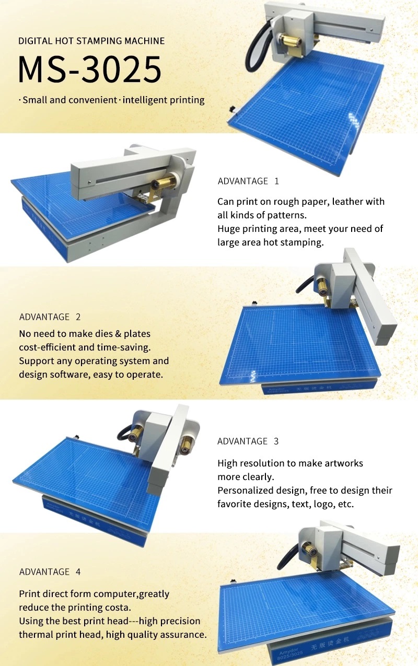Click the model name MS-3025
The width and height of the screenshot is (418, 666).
(x=89, y=69)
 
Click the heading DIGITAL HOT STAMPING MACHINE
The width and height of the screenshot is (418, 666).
(x=91, y=41)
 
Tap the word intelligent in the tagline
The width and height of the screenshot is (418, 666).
(x=143, y=100)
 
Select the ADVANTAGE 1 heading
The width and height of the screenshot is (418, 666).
(x=248, y=181)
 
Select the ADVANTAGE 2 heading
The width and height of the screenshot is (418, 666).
(x=50, y=317)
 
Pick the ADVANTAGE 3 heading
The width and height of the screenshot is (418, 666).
(x=248, y=441)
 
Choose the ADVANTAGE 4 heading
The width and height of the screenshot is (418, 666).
(x=50, y=571)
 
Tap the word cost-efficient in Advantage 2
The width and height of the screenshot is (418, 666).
(x=46, y=347)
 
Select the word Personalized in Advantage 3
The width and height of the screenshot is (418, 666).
(x=243, y=490)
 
